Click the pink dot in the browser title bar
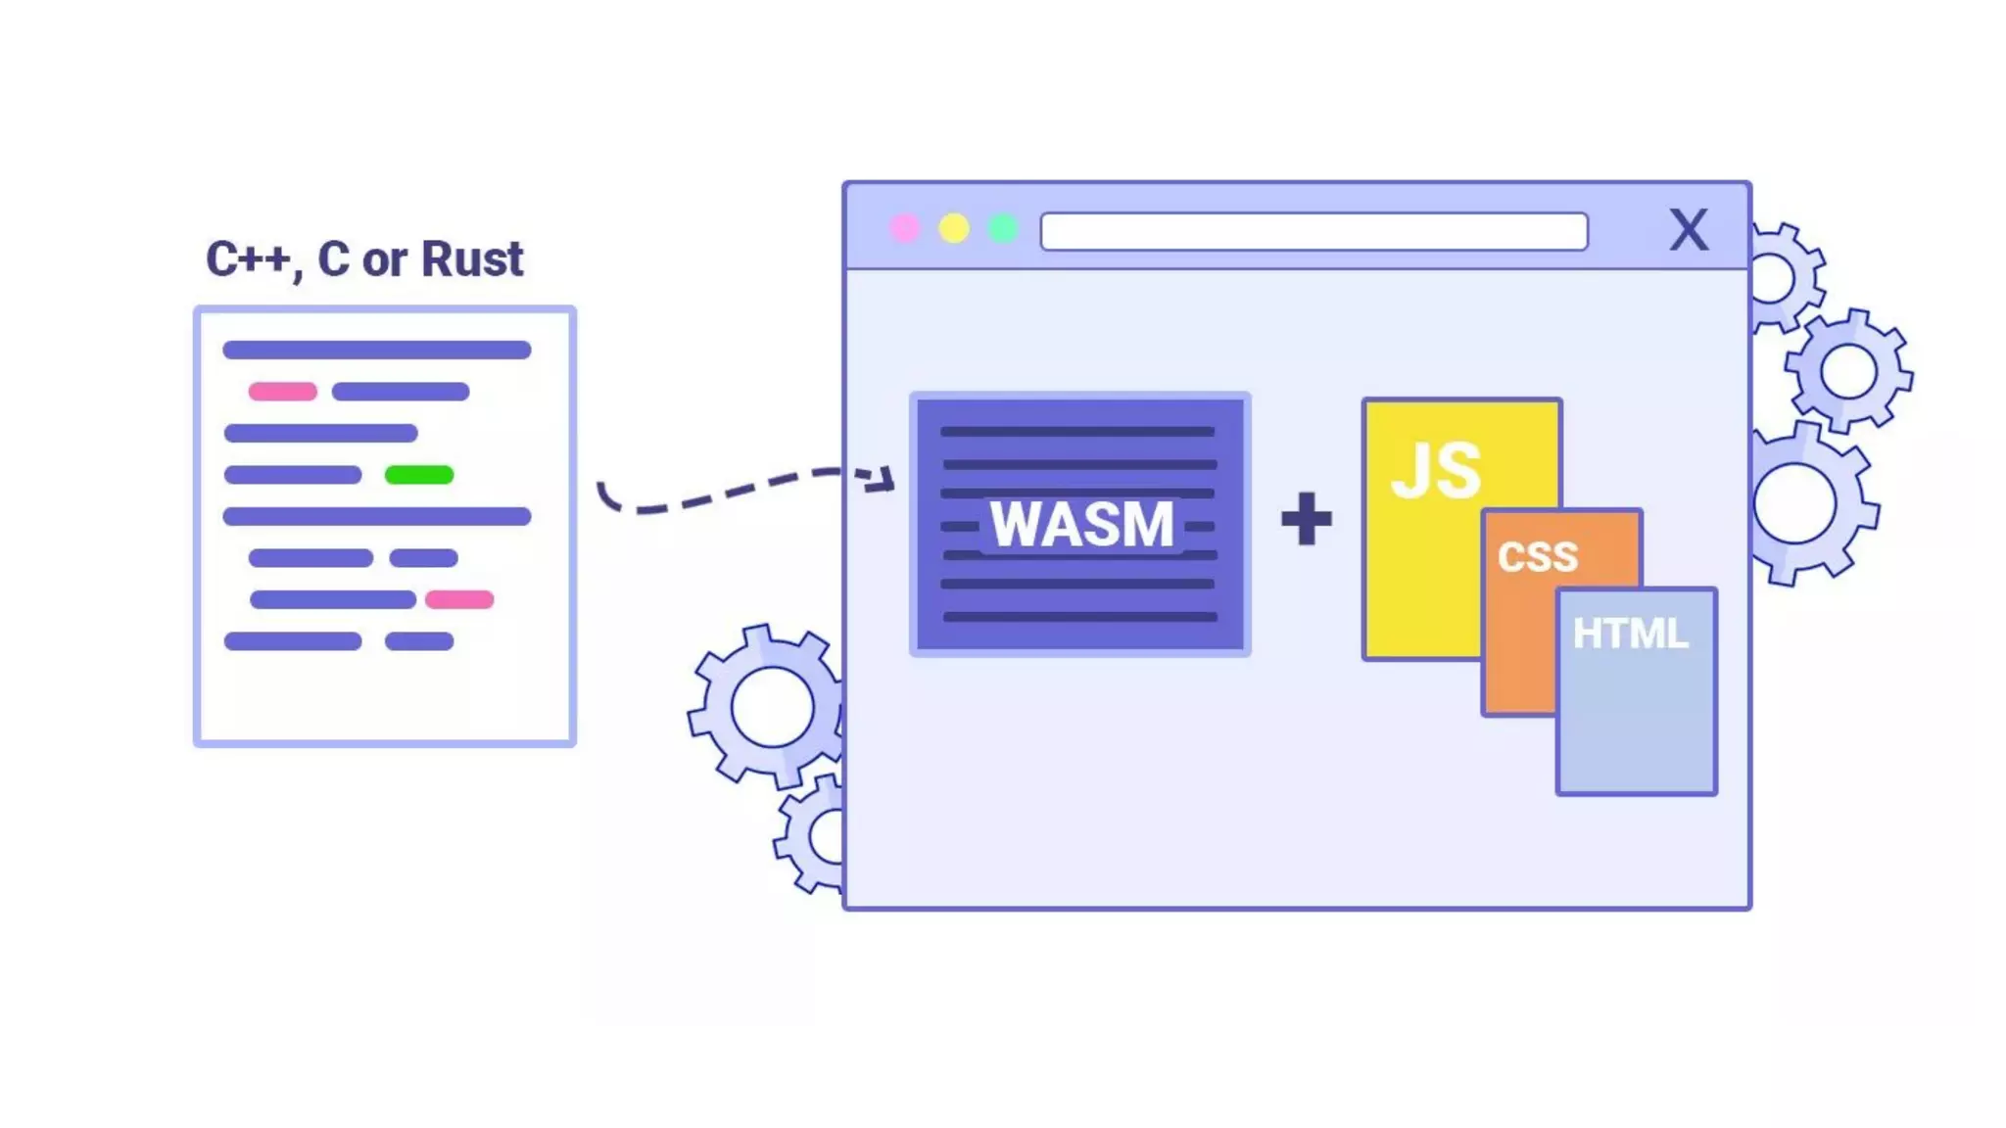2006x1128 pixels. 905,229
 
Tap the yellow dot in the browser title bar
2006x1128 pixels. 954,229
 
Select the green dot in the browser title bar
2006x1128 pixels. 1003,229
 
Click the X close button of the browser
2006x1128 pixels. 1689,231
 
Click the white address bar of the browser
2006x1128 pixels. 1313,232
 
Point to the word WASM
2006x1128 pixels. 1081,525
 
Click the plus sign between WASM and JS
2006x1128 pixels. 1307,519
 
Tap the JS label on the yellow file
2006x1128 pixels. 1436,472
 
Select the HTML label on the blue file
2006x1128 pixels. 1631,634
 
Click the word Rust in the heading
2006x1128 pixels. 472,259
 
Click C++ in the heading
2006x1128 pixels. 248,259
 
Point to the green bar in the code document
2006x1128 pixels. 419,475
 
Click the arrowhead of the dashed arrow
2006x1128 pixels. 884,479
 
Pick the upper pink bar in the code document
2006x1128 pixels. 283,392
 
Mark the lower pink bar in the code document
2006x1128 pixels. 459,599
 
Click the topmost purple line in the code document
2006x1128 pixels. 377,350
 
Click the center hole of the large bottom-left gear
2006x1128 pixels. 772,706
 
